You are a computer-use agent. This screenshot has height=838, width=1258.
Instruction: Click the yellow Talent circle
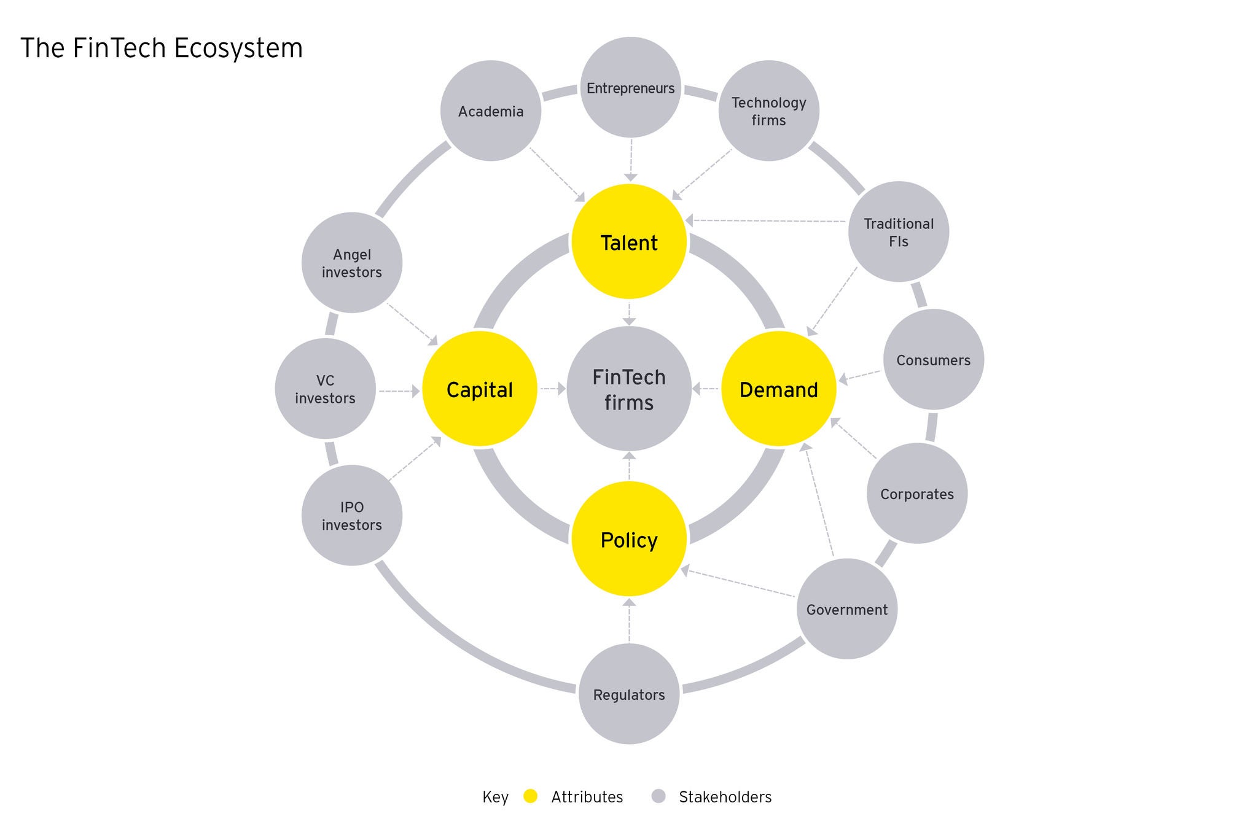click(x=629, y=242)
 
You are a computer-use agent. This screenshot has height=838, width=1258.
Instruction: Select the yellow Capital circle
click(x=480, y=389)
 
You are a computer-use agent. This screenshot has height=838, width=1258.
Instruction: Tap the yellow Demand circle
click(x=778, y=389)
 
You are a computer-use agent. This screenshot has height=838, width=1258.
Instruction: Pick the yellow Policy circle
click(x=629, y=539)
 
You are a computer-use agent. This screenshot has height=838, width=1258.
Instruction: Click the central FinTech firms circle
click(x=629, y=389)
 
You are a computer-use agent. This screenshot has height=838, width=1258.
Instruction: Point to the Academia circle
click(x=491, y=111)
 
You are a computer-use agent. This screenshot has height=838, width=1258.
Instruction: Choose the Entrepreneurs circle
click(x=630, y=88)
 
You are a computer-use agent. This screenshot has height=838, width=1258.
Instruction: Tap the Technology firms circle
click(x=768, y=111)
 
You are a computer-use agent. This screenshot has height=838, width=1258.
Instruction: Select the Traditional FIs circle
click(x=898, y=232)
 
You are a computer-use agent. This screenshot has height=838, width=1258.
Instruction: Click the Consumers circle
click(x=933, y=360)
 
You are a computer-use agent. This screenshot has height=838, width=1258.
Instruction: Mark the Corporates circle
click(x=916, y=494)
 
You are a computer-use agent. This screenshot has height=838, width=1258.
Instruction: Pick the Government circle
click(x=846, y=609)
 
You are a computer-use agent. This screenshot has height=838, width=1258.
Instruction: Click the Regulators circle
click(x=629, y=694)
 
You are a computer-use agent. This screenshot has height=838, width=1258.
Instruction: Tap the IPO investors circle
click(x=352, y=516)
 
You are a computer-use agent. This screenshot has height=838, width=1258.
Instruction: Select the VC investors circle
click(x=325, y=389)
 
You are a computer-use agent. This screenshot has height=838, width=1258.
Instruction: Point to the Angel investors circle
click(x=352, y=263)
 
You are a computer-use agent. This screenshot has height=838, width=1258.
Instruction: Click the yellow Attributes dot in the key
click(x=530, y=796)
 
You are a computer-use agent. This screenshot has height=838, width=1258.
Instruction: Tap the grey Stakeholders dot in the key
click(x=658, y=796)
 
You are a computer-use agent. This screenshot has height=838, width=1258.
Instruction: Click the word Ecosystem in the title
click(x=238, y=48)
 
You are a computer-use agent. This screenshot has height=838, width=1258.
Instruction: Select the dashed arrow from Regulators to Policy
click(x=629, y=621)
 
